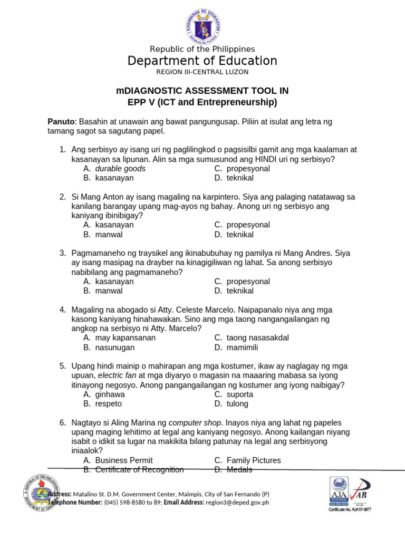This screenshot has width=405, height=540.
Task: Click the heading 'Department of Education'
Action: [202, 61]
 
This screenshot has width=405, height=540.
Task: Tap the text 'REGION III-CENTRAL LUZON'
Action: [202, 72]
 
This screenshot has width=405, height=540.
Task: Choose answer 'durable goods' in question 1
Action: [120, 169]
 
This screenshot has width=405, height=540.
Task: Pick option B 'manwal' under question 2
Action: [109, 234]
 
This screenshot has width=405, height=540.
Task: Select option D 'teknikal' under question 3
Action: [240, 291]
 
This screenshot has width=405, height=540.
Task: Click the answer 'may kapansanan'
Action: [126, 337]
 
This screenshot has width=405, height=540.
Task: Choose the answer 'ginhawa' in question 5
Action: [110, 394]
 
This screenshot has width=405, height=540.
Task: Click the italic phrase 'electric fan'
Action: [118, 375]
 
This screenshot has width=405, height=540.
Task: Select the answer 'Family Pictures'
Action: [254, 460]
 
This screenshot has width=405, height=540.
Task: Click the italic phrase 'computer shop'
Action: [195, 423]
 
